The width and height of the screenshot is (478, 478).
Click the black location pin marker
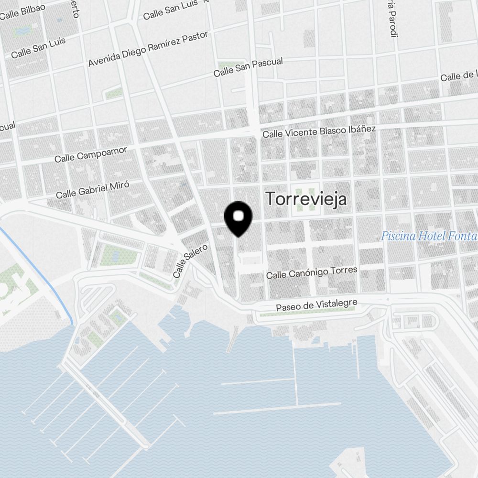(x=239, y=218)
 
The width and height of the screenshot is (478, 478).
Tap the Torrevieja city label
(x=306, y=199)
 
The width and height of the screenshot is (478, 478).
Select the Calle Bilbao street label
(x=22, y=11)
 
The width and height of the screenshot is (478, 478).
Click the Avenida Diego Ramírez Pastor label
(x=149, y=49)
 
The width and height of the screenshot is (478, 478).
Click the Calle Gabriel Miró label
(x=92, y=189)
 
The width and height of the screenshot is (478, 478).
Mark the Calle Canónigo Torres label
(x=311, y=272)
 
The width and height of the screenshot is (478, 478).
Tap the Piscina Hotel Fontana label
(x=429, y=236)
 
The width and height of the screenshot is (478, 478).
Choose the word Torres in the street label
(x=344, y=270)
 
